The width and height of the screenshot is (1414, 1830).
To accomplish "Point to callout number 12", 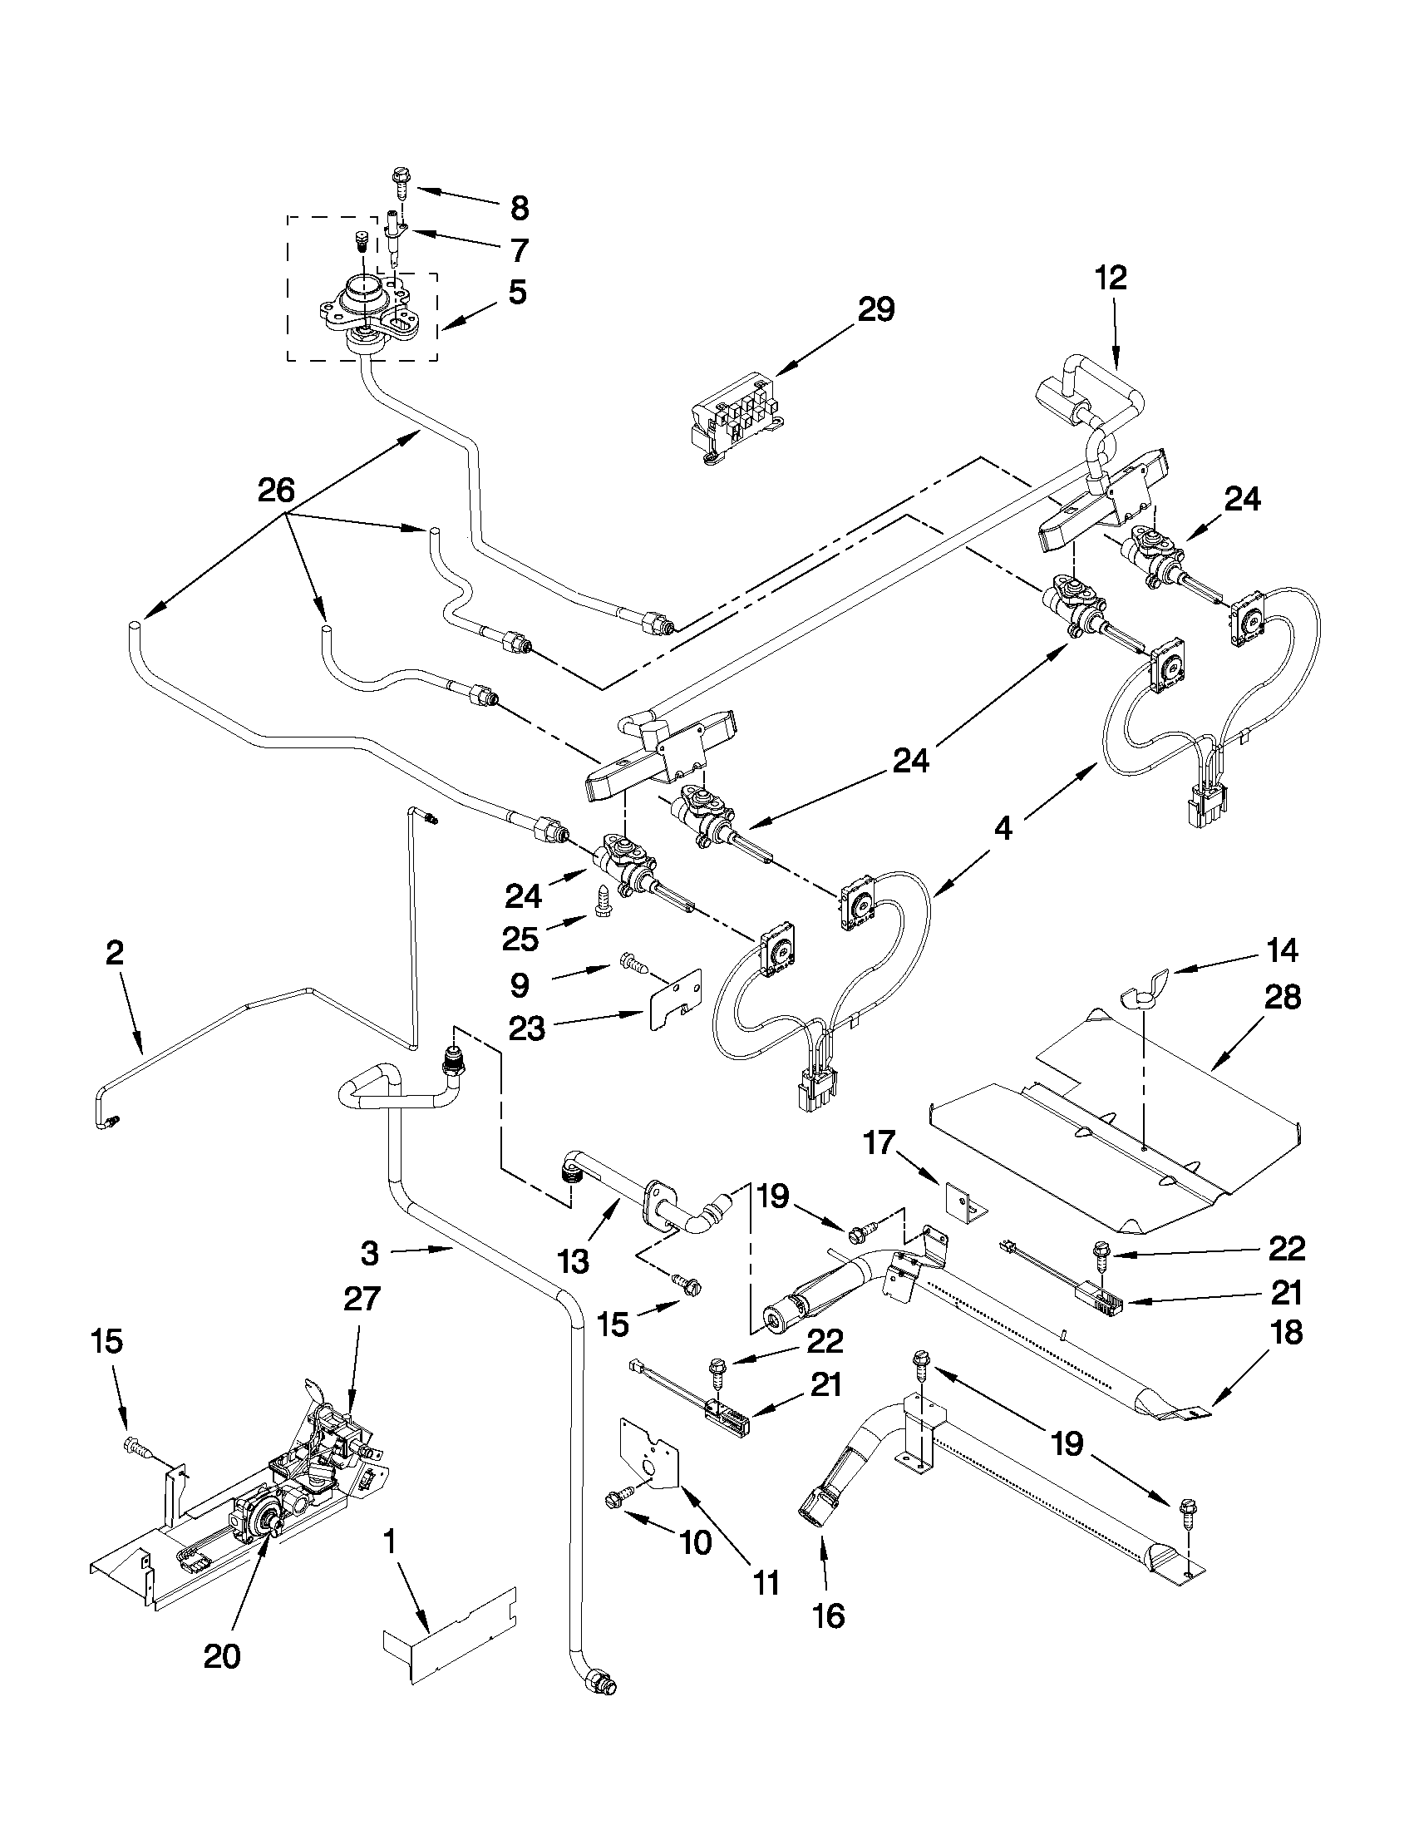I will point(1111,279).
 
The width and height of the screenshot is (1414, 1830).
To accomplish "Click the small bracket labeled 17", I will point(963,1202).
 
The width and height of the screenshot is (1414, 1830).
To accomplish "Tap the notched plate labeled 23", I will point(674,999).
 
